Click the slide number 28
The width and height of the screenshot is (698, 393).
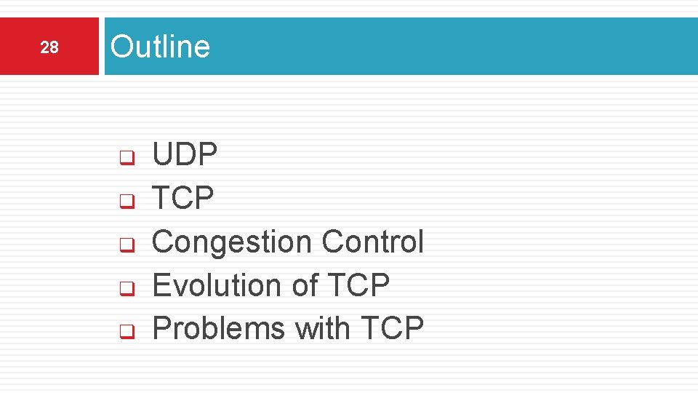tap(49, 48)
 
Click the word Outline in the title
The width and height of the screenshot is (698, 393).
tap(160, 47)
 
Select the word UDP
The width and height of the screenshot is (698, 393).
tap(185, 154)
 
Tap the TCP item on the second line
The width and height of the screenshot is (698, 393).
tap(182, 198)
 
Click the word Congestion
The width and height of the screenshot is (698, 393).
tap(232, 242)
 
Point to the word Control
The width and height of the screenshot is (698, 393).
tap(372, 242)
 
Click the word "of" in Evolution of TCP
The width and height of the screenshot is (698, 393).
tap(305, 285)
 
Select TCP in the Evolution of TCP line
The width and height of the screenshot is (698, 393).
tap(359, 285)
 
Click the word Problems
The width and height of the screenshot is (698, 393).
tap(219, 328)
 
